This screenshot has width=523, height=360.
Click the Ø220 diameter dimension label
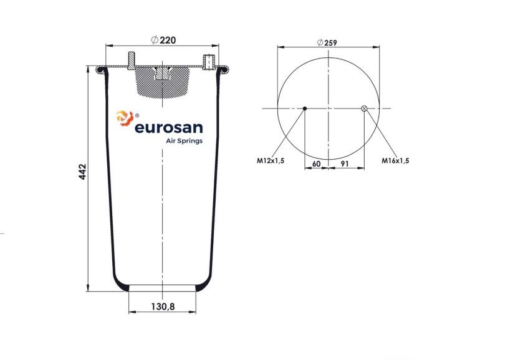click(x=163, y=40)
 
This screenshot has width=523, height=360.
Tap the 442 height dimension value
click(x=82, y=172)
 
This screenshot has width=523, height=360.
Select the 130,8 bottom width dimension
click(x=163, y=306)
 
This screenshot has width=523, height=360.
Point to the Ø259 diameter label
click(x=327, y=42)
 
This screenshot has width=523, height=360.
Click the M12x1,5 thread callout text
click(x=271, y=160)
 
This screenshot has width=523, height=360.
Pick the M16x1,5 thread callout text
click(x=395, y=160)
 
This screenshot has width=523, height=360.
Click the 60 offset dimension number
click(x=316, y=163)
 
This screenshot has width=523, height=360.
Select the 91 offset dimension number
click(x=345, y=163)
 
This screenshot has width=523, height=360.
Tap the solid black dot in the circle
click(x=305, y=109)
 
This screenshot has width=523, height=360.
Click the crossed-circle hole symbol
click(x=364, y=108)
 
